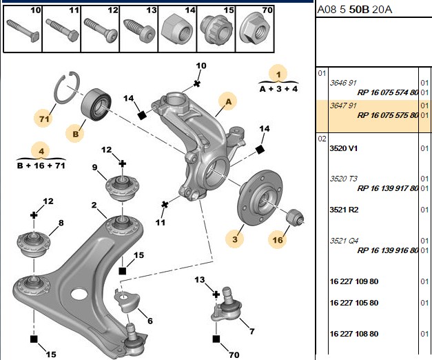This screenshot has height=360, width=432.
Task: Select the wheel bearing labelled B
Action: (x=96, y=104)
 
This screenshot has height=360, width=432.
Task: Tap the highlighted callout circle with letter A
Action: (x=228, y=101)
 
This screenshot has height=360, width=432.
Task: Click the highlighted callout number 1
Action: (x=278, y=74)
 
